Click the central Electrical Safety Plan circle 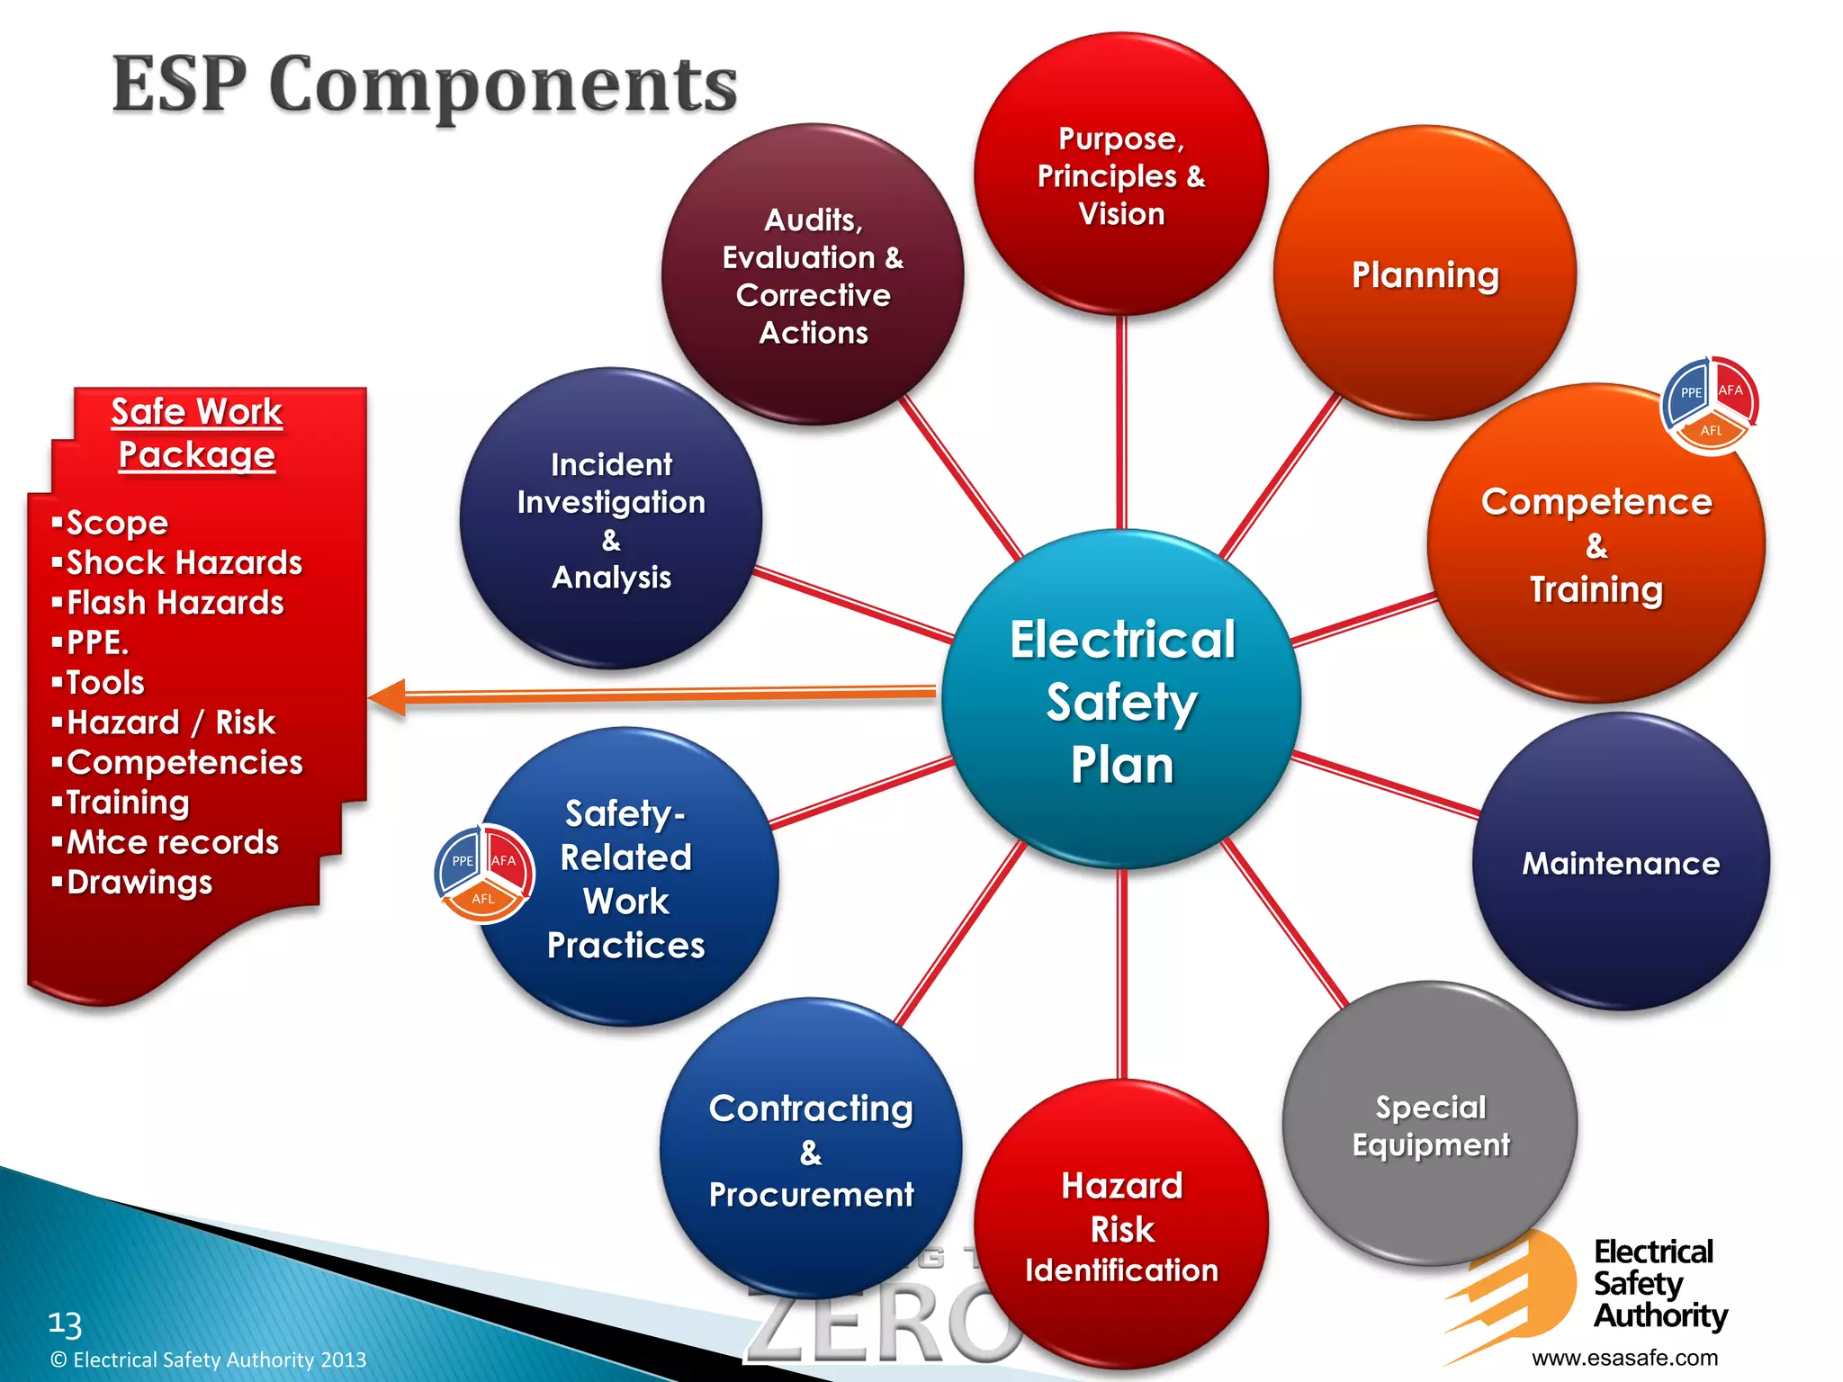(1121, 700)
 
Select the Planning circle (1425, 274)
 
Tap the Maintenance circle (1620, 862)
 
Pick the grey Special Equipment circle (1430, 1125)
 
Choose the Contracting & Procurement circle (810, 1150)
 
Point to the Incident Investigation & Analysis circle (611, 519)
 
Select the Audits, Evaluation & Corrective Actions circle (813, 275)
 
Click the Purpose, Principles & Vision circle (1121, 175)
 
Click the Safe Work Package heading (197, 433)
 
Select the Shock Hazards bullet (184, 562)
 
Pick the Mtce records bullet (172, 842)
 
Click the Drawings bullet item (139, 882)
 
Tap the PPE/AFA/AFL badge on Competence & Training (1709, 405)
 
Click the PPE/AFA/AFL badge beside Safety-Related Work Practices (484, 874)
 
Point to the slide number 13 (65, 1324)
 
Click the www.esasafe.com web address (1624, 1357)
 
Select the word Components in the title (503, 85)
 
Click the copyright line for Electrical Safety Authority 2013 (209, 1360)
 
